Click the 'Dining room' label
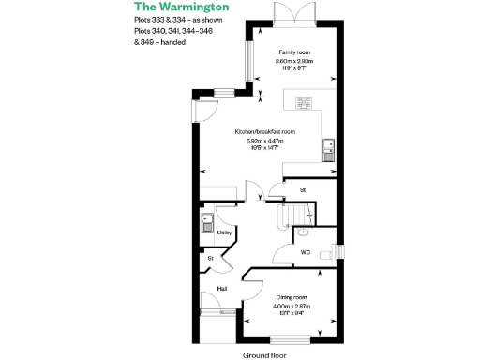292,296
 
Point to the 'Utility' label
224,232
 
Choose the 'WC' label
306,252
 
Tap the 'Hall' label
222,288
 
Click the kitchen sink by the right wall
327,146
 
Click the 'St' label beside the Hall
211,257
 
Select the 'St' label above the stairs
303,190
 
